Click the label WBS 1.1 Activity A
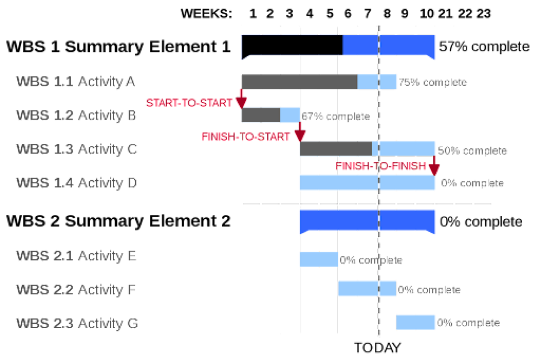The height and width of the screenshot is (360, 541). point(76,82)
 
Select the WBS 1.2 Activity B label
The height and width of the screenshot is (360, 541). point(76,116)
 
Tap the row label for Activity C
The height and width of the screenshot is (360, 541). point(77,149)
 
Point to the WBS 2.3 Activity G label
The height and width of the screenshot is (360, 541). point(77,323)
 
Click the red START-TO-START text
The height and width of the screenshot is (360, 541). point(189,103)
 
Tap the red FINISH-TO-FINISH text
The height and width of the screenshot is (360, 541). point(381,167)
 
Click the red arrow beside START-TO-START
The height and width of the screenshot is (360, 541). point(241,100)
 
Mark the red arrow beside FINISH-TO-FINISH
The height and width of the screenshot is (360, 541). point(433,166)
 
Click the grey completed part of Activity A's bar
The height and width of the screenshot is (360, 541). point(299,82)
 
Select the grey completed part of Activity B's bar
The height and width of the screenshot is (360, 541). point(261,115)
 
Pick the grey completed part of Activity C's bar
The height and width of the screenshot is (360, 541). point(335,148)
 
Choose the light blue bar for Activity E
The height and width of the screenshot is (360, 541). point(319,259)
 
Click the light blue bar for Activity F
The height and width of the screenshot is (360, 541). point(367,289)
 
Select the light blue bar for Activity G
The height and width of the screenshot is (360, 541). point(415,322)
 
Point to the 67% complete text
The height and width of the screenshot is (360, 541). point(335,116)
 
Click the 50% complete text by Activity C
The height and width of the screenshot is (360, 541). point(472,150)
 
